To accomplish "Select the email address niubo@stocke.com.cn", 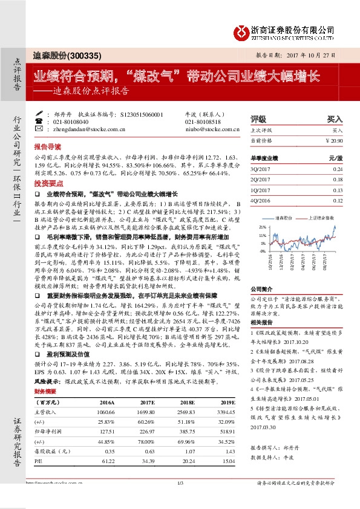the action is [211, 129].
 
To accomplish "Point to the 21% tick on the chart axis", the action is [263, 227].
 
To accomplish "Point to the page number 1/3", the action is [180, 500].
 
